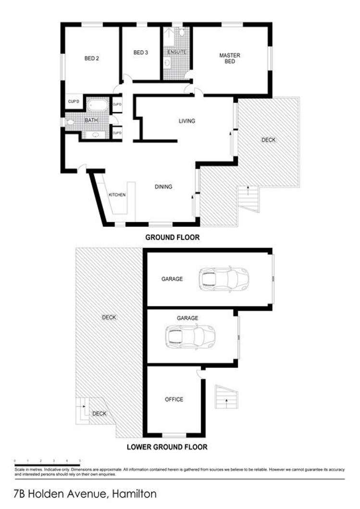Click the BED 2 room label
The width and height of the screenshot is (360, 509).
pos(91,59)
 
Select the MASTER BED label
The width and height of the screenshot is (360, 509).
pos(229,58)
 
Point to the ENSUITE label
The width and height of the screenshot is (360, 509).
pos(176,51)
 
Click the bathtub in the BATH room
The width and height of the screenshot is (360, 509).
pos(98,106)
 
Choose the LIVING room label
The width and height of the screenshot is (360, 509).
pos(186,121)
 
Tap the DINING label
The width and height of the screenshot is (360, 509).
pos(163,187)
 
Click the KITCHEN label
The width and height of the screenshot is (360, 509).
pos(117,194)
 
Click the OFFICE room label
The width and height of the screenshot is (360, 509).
pos(174,399)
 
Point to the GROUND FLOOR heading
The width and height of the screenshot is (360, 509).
pos(172,237)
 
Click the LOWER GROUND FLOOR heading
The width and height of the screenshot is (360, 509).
pos(167,447)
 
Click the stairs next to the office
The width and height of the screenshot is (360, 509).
pos(226,397)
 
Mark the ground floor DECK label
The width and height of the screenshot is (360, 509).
pos(269,140)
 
